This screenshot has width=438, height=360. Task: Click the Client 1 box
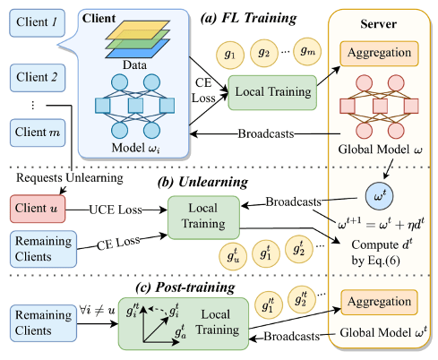[38, 23]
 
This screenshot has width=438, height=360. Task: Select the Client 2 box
[38, 78]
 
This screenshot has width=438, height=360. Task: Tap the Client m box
[38, 133]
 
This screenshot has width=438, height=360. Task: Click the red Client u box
[38, 209]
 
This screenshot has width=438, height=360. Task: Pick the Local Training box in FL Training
[272, 92]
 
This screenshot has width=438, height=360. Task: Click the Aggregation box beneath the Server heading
[379, 54]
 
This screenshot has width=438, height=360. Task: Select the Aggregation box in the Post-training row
[379, 302]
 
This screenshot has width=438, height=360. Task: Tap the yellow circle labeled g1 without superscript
[230, 55]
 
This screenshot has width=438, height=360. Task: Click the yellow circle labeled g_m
[307, 52]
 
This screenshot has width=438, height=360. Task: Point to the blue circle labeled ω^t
[379, 196]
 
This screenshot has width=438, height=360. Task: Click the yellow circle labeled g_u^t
[233, 256]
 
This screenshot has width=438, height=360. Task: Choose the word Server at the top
[378, 24]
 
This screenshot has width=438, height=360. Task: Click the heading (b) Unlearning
[202, 182]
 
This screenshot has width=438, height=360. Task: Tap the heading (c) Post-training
[185, 287]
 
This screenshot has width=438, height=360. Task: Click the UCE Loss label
[116, 210]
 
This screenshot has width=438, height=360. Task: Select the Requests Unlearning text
[70, 178]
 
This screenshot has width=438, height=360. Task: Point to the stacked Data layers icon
[137, 39]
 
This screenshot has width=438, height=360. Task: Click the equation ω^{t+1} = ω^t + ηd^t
[381, 223]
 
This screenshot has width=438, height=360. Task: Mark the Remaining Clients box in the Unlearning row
[43, 249]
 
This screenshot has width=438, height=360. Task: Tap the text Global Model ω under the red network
[380, 150]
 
